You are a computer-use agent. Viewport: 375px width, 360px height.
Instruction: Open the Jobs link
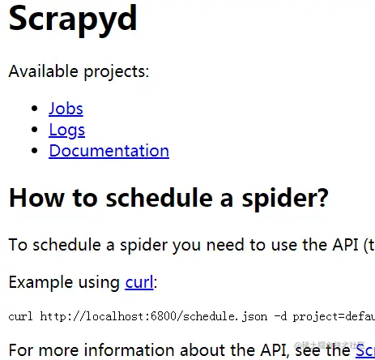point(66,108)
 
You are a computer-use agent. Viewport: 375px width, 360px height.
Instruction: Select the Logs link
point(66,129)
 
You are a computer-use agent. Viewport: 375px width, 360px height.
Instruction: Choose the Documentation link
point(109,150)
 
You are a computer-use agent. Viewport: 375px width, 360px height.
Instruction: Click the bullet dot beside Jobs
point(34,109)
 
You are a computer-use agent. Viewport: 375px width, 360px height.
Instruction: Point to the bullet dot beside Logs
point(34,130)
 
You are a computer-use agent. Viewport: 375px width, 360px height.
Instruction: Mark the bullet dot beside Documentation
point(34,151)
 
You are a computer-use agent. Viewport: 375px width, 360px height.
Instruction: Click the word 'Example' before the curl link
point(40,282)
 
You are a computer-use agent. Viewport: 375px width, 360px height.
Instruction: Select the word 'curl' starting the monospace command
point(20,315)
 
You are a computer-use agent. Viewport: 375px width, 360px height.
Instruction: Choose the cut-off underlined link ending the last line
point(364,350)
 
